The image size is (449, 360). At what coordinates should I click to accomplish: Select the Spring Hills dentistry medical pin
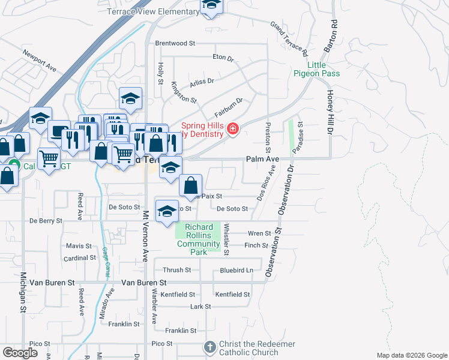pyautogui.click(x=232, y=128)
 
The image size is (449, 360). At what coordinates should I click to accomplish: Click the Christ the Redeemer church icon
pyautogui.click(x=209, y=347)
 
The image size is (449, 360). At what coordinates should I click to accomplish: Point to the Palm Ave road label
pyautogui.click(x=262, y=159)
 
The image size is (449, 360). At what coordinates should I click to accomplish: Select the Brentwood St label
pyautogui.click(x=175, y=43)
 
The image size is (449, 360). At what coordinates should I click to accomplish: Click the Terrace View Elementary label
pyautogui.click(x=153, y=11)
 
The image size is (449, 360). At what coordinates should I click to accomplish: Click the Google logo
pyautogui.click(x=20, y=352)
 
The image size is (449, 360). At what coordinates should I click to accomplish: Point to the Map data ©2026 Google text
pyautogui.click(x=411, y=355)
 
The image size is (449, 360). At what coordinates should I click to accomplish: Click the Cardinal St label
pyautogui.click(x=80, y=258)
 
